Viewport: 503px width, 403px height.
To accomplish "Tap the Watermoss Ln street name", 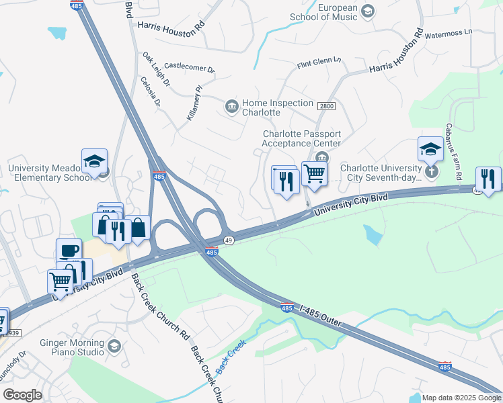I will pos(449,32).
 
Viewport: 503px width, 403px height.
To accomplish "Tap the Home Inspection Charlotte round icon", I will pos(231,106).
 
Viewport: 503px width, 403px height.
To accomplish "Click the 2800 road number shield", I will pos(326,106).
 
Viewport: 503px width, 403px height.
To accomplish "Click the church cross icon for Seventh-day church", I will pos(431,171).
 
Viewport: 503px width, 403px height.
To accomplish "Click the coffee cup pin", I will pos(69,251).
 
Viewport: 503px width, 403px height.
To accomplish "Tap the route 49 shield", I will pos(229,240).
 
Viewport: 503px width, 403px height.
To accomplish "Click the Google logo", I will pos(22,395).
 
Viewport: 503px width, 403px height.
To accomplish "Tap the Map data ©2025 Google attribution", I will pos(461,398).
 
